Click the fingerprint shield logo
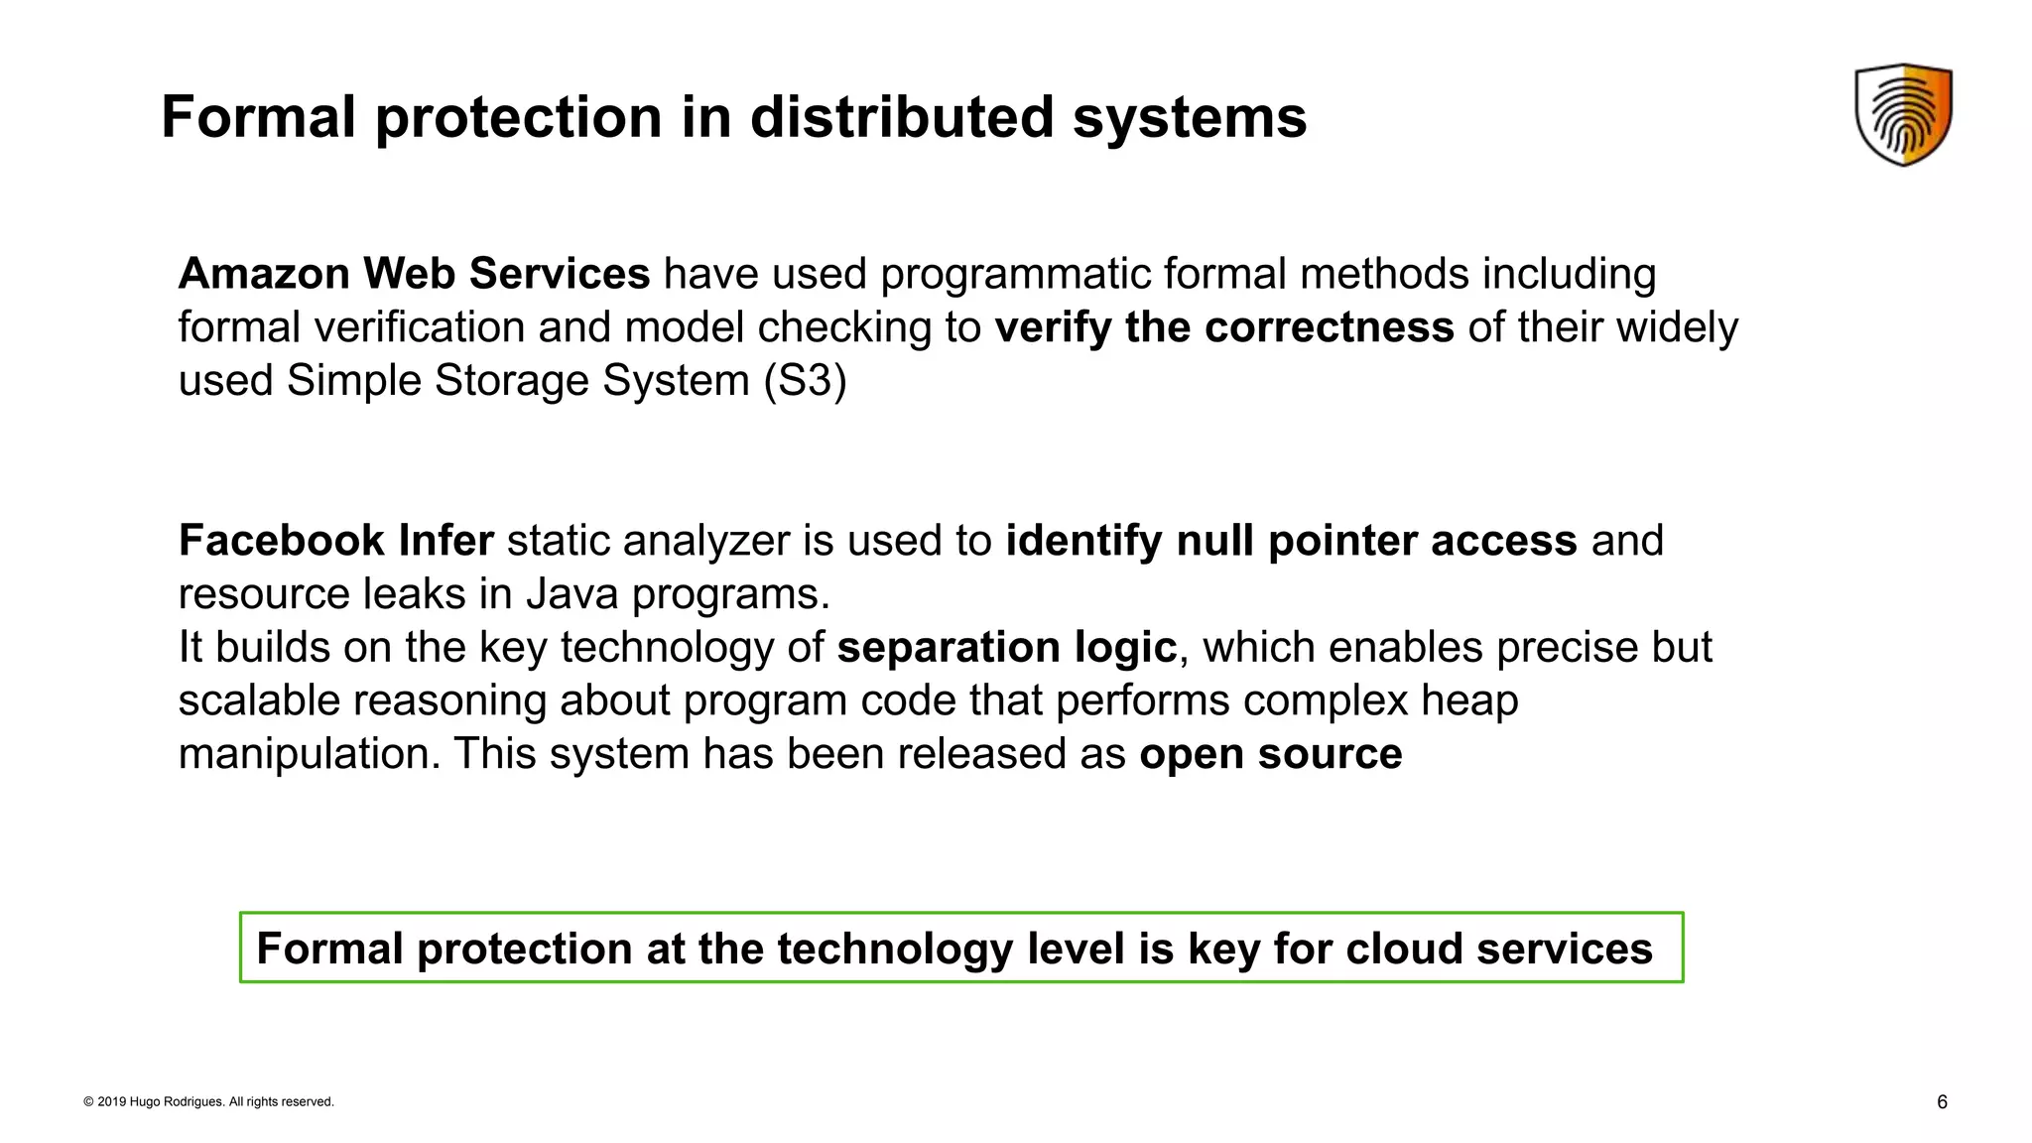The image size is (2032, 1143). point(1903,114)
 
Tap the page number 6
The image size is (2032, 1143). point(1942,1101)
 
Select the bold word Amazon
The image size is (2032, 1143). point(263,274)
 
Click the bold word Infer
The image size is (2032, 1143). point(445,541)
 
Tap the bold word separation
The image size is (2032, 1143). point(948,648)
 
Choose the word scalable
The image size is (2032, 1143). point(259,700)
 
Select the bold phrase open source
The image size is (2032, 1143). point(1270,754)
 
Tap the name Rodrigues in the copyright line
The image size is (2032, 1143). point(194,1101)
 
